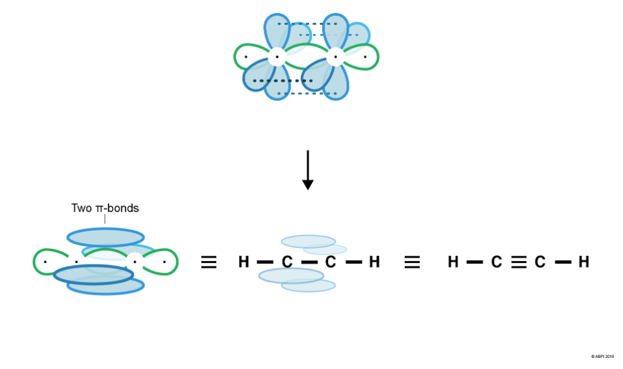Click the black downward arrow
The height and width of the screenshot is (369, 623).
[x=308, y=171]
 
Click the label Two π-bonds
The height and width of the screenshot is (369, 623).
[x=105, y=208]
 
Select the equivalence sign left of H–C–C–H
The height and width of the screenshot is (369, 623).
[x=209, y=262]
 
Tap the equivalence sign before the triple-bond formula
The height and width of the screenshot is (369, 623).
[x=413, y=262]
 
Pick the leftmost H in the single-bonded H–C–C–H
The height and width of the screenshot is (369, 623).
[x=244, y=262]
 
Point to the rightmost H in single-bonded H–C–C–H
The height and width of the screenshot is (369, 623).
[x=374, y=262]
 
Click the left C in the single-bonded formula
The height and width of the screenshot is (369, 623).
[x=286, y=262]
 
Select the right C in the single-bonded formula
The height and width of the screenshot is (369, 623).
[x=331, y=262]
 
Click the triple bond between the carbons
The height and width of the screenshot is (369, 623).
[x=518, y=262]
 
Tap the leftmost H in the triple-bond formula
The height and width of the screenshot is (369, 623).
[x=453, y=262]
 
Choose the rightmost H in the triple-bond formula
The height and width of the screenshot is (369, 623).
[x=584, y=262]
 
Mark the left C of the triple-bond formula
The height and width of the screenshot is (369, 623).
[x=496, y=262]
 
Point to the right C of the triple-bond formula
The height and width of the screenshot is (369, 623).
[x=540, y=262]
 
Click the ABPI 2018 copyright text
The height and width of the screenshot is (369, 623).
[x=602, y=357]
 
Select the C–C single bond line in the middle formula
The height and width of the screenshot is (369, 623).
[x=309, y=262]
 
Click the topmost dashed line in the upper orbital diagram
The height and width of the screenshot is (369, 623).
[x=307, y=24]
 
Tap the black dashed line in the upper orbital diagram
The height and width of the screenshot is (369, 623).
[x=283, y=81]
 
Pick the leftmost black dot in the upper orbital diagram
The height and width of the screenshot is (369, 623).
[x=246, y=57]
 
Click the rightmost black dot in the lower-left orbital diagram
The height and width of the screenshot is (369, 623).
[x=164, y=262]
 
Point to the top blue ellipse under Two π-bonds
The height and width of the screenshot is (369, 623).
[x=105, y=237]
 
